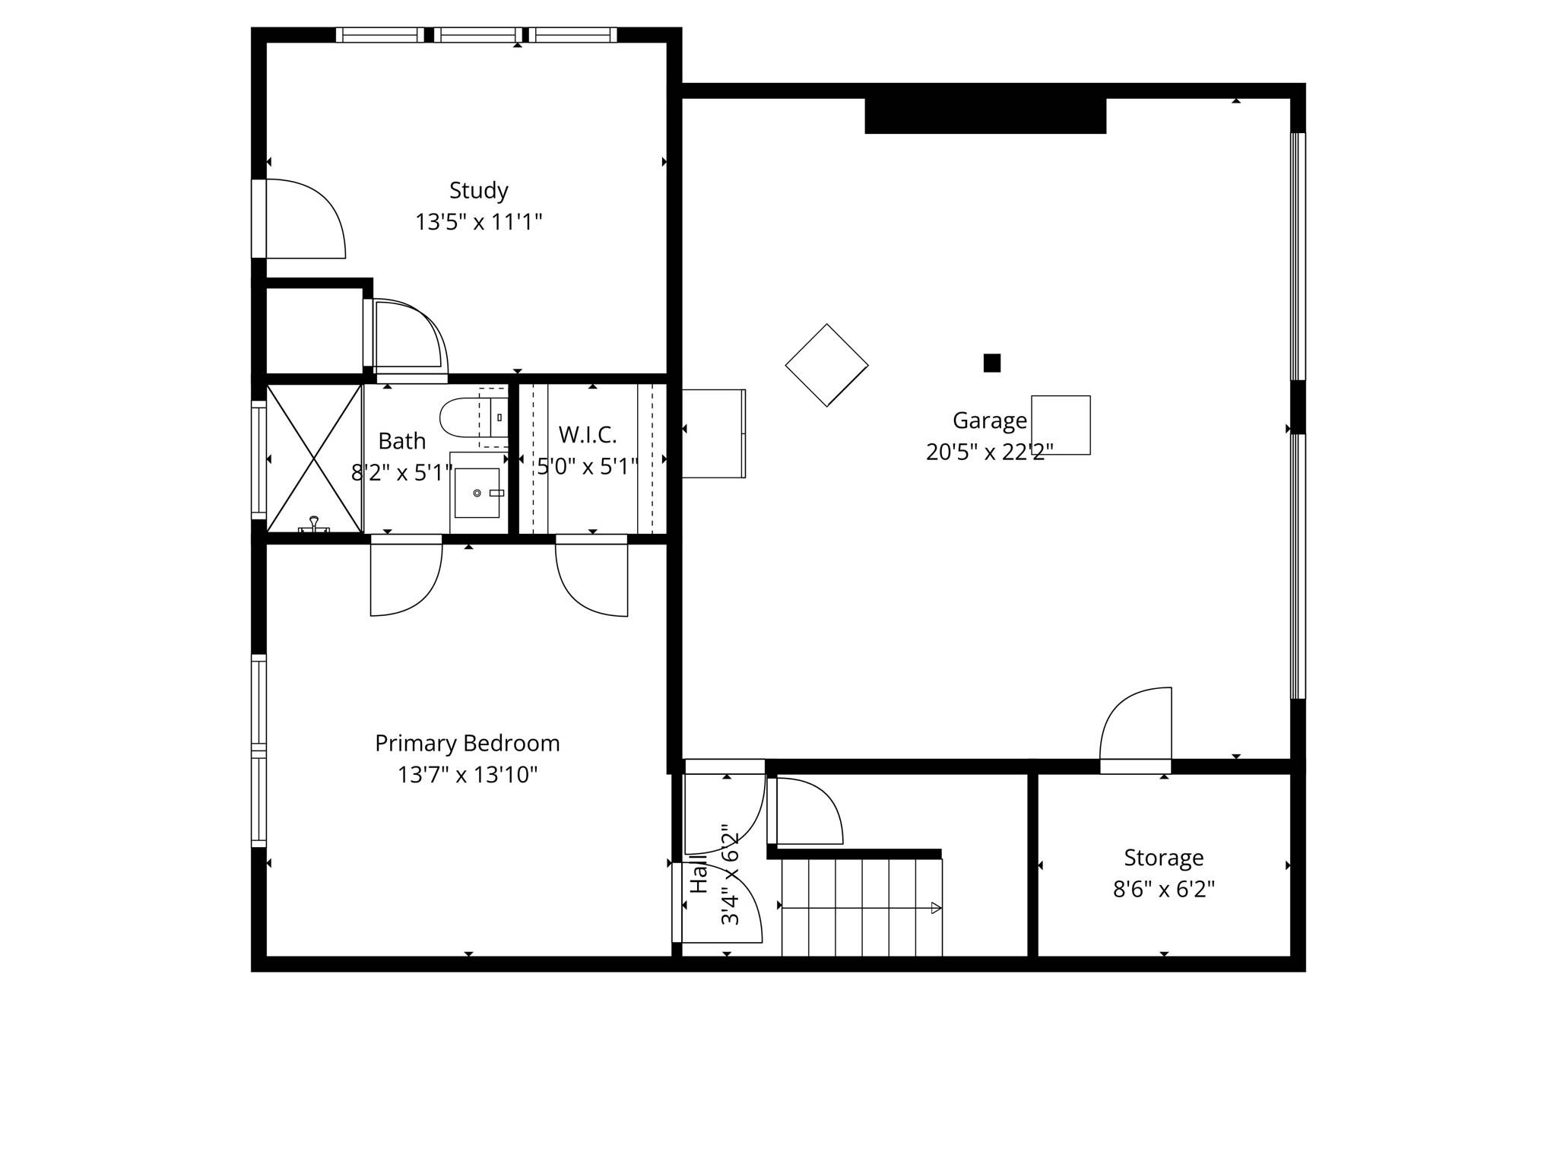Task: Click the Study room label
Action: click(x=478, y=190)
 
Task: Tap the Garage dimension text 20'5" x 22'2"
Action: click(x=989, y=452)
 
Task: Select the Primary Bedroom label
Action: click(x=467, y=743)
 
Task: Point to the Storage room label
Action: click(x=1163, y=858)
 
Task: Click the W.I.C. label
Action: click(x=587, y=435)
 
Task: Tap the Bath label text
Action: click(x=401, y=441)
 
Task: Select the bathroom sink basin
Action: click(x=477, y=493)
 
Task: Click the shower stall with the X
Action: click(x=313, y=459)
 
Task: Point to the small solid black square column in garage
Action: click(x=991, y=363)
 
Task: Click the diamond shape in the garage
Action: click(x=826, y=365)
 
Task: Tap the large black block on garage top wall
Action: click(x=985, y=116)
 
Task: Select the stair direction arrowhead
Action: click(x=936, y=908)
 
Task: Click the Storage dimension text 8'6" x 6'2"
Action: click(x=1163, y=890)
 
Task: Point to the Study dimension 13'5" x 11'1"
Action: click(x=478, y=223)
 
